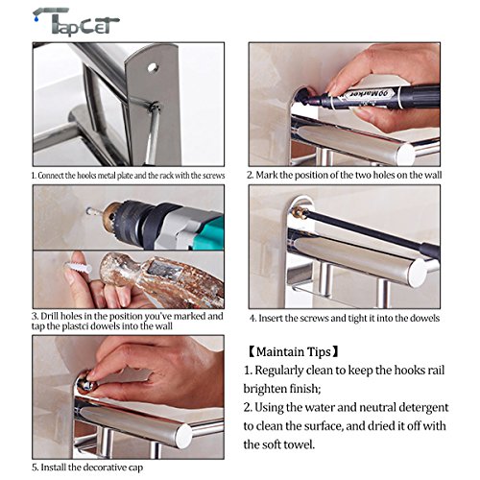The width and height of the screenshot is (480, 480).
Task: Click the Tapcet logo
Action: click(76, 21)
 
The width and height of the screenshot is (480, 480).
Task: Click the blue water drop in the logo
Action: click(36, 19)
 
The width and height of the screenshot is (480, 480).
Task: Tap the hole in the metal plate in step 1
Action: click(152, 67)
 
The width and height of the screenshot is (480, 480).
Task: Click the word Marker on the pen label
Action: click(362, 94)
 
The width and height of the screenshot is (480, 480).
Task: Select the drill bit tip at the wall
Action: click(89, 211)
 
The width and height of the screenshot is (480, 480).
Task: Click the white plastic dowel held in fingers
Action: click(78, 268)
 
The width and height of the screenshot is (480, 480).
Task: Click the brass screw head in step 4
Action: click(300, 211)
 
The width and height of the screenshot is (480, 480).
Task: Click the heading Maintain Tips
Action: click(294, 352)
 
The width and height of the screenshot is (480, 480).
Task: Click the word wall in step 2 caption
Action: click(433, 175)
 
